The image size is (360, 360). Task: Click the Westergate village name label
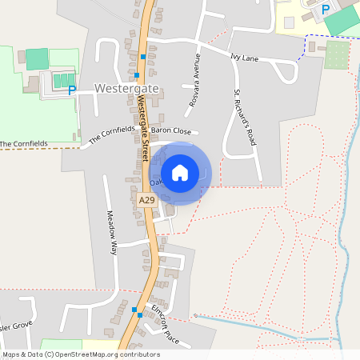click(x=126, y=87)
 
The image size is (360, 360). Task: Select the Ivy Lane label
click(x=246, y=58)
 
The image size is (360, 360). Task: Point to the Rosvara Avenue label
click(x=193, y=82)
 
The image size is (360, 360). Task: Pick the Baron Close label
click(x=171, y=130)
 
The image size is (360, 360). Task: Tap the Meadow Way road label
click(x=112, y=232)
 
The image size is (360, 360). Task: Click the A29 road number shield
click(x=146, y=200)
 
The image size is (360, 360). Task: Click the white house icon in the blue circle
click(x=180, y=172)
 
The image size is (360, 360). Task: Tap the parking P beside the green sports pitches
click(x=72, y=90)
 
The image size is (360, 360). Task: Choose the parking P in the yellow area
click(x=325, y=10)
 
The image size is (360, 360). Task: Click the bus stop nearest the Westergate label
click(x=138, y=75)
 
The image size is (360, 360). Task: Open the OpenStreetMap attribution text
click(x=81, y=354)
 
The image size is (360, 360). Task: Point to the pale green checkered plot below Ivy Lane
click(x=337, y=55)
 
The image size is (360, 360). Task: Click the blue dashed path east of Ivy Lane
click(x=306, y=48)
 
